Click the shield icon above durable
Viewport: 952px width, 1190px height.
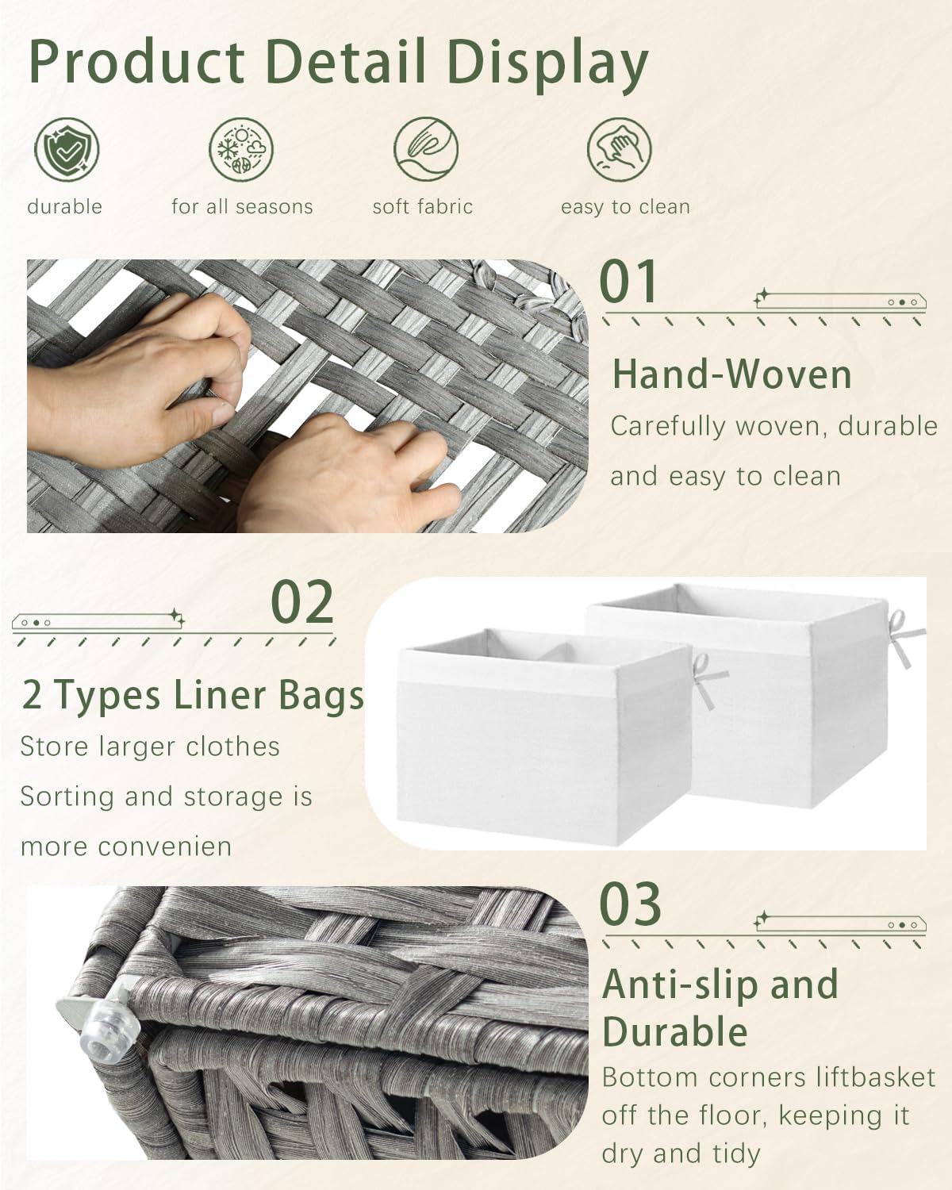[67, 149]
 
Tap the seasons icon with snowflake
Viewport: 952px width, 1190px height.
[241, 150]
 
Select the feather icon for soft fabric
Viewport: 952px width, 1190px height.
[426, 149]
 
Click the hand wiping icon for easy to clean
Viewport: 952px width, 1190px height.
[619, 149]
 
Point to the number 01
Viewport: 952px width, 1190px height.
[628, 282]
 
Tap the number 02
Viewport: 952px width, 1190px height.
[302, 603]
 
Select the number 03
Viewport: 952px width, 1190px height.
[630, 904]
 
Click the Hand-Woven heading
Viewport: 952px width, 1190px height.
[731, 374]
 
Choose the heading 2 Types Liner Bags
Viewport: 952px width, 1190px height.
[193, 695]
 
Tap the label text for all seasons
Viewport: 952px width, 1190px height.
[242, 207]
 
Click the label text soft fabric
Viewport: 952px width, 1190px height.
[423, 207]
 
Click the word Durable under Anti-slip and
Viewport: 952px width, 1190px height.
[674, 1032]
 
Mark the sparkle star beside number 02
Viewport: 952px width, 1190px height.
[177, 617]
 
